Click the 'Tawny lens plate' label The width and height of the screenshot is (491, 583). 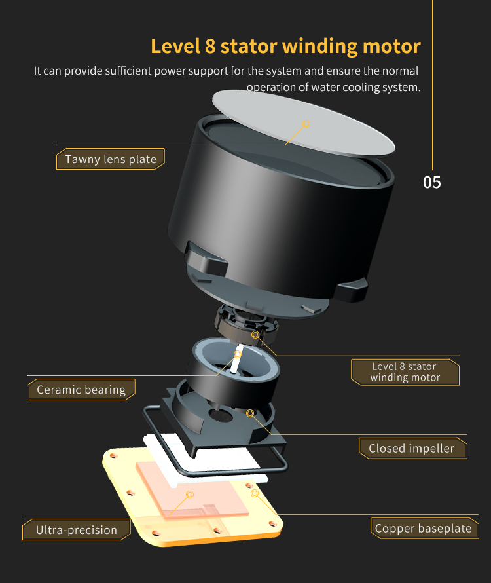tap(111, 159)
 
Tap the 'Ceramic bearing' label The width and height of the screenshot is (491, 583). tap(81, 390)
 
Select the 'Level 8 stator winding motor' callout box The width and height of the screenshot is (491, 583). tap(405, 372)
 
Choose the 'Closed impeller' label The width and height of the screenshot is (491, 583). tap(413, 449)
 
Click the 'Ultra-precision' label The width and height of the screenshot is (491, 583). tap(76, 530)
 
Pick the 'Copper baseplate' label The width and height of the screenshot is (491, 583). tap(424, 529)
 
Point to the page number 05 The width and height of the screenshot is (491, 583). tap(432, 183)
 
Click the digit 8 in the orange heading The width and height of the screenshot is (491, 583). tap(210, 47)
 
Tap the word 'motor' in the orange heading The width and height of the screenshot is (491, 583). tap(391, 47)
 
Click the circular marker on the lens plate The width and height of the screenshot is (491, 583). tap(306, 124)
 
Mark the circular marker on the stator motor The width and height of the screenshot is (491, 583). tap(255, 335)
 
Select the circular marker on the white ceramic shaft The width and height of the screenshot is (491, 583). tap(237, 354)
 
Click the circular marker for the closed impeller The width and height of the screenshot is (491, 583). tap(250, 413)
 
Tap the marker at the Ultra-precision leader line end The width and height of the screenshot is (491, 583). tap(190, 495)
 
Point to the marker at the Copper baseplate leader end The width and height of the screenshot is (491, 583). tap(255, 493)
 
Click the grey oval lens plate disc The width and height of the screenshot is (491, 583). tap(303, 123)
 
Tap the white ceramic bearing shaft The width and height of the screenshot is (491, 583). tap(236, 359)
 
